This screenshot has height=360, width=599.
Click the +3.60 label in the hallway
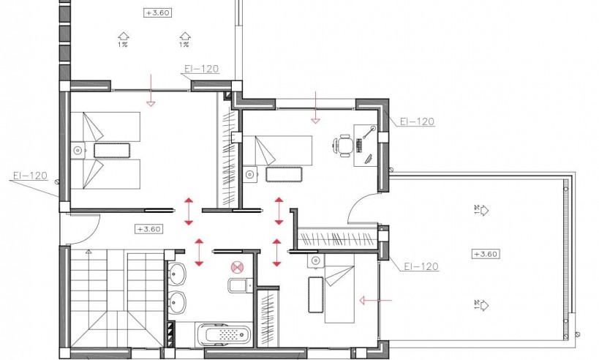click(x=148, y=229)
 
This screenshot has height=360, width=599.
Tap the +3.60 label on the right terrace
click(x=485, y=254)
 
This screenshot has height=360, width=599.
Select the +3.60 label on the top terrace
click(x=159, y=12)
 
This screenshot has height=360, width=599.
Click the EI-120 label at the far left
click(x=30, y=176)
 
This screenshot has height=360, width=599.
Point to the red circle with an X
click(x=236, y=269)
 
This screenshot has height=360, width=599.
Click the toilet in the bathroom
click(x=238, y=285)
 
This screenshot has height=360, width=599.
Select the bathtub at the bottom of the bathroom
click(x=224, y=335)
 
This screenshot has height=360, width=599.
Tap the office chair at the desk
click(x=344, y=146)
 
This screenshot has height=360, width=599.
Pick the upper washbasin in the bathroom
click(x=178, y=275)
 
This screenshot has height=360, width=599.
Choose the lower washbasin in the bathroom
click(x=178, y=301)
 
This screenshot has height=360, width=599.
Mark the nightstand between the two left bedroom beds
click(x=78, y=151)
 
